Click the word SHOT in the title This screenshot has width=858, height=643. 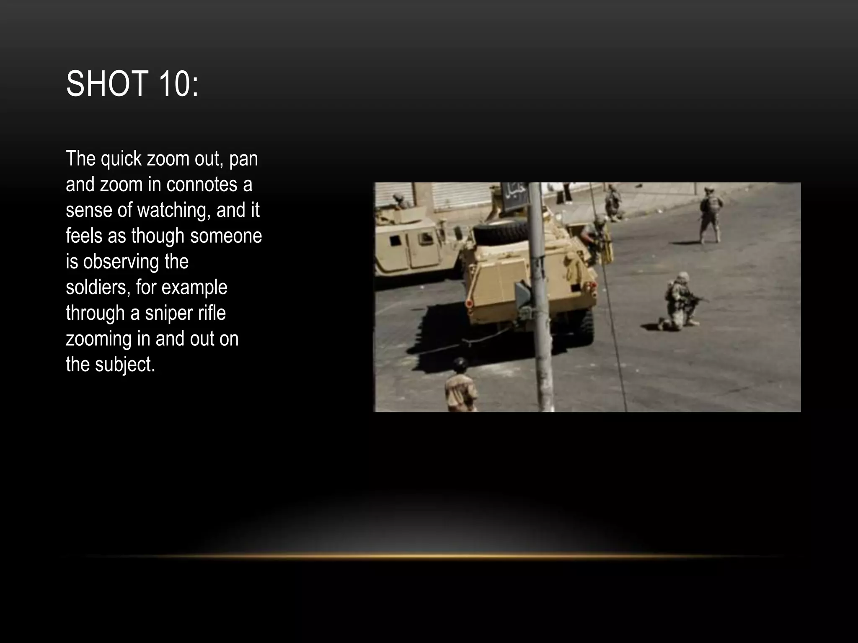(x=107, y=84)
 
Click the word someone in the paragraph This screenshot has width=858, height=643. (x=226, y=236)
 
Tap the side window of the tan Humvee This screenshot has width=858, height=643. (x=395, y=241)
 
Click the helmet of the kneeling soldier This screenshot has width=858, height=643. (x=683, y=277)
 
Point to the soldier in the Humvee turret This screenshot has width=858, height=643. (x=401, y=201)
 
